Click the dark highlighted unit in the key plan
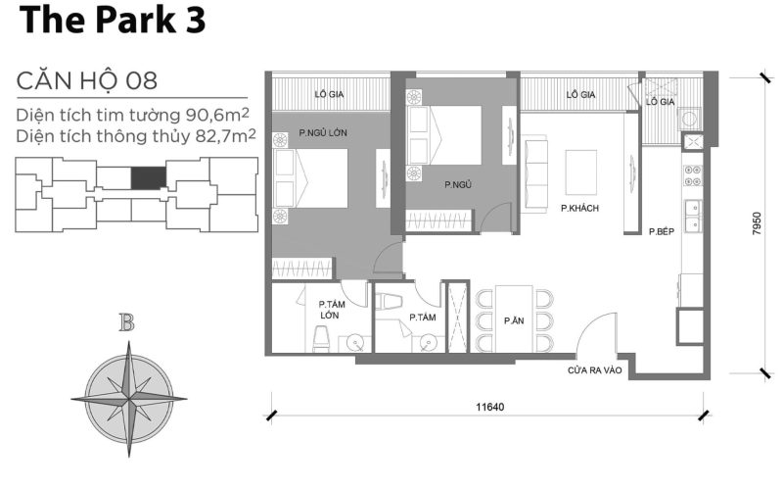[x=149, y=177]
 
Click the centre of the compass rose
[x=127, y=397]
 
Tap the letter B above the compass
[x=126, y=323]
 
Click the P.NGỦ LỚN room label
[x=325, y=132]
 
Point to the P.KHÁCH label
[x=579, y=209]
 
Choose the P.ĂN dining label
[x=512, y=320]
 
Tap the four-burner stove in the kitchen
[x=691, y=175]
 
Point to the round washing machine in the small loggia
[x=691, y=118]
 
